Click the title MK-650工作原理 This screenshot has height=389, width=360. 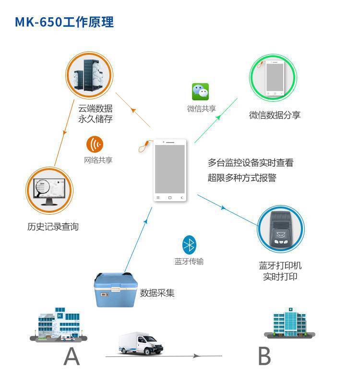click(x=64, y=22)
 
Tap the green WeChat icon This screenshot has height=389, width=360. click(x=200, y=92)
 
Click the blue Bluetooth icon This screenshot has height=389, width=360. click(x=189, y=245)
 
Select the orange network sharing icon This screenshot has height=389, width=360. click(x=95, y=144)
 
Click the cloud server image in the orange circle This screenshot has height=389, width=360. click(x=89, y=75)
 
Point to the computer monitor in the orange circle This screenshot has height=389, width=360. click(x=49, y=191)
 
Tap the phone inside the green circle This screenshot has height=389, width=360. click(x=275, y=78)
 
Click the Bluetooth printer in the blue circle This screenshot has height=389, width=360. click(x=281, y=229)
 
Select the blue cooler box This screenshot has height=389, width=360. click(x=116, y=290)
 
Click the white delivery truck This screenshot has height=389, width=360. click(x=141, y=343)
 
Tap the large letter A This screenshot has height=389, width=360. click(x=72, y=356)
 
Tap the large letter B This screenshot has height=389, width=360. click(x=264, y=356)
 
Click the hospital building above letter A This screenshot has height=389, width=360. click(x=59, y=325)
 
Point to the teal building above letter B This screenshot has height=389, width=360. click(x=289, y=323)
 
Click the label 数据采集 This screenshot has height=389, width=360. click(x=157, y=293)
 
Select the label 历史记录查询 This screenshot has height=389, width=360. click(x=53, y=227)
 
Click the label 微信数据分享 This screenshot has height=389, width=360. click(x=275, y=115)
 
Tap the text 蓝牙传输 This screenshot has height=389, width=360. click(x=189, y=261)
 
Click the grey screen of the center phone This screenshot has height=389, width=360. click(x=170, y=169)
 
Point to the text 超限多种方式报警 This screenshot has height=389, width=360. click(x=242, y=178)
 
